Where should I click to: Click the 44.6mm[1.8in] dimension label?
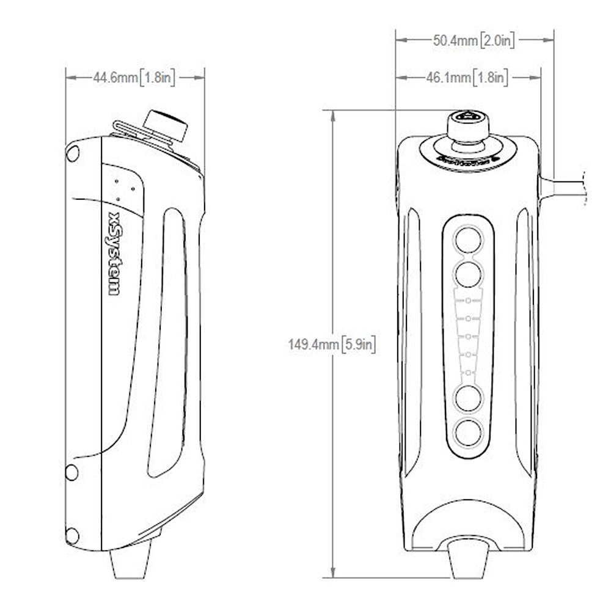click(x=134, y=78)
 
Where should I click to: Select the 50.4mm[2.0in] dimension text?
click(x=474, y=41)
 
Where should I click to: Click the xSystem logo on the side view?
click(x=114, y=254)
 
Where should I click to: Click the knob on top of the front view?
click(x=467, y=125)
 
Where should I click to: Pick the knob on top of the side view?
click(x=166, y=125)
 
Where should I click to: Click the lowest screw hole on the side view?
click(x=72, y=536)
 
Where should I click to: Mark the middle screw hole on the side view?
click(x=71, y=472)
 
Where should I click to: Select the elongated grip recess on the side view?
click(x=167, y=342)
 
